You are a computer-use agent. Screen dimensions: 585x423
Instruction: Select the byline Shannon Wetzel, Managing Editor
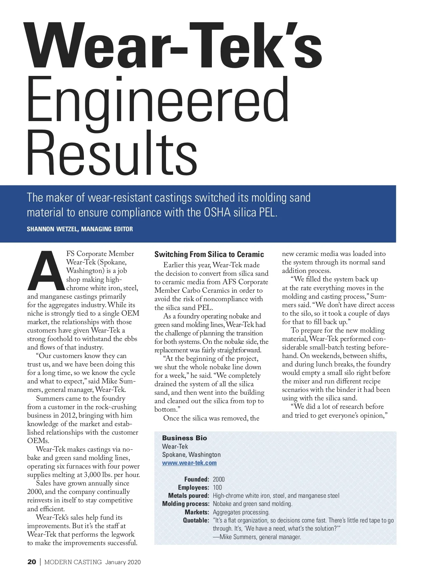[80, 229]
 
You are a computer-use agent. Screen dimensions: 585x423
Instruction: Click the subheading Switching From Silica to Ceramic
[209, 255]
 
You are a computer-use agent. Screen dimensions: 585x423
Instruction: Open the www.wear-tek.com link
[189, 463]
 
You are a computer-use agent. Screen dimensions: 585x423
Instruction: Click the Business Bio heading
[184, 438]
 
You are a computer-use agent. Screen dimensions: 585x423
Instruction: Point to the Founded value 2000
[219, 479]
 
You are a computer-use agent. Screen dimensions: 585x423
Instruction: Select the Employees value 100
[217, 488]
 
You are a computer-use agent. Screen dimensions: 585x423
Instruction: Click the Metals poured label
[189, 496]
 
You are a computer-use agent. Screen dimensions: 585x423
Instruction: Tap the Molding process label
[186, 504]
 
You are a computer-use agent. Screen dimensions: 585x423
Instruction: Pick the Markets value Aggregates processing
[241, 512]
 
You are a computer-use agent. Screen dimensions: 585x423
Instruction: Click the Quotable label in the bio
[196, 520]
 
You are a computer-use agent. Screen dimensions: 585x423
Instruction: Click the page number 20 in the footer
[31, 562]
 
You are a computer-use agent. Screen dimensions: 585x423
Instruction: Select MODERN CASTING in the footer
[73, 562]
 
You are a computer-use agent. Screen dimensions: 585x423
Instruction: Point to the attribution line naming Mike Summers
[257, 537]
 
